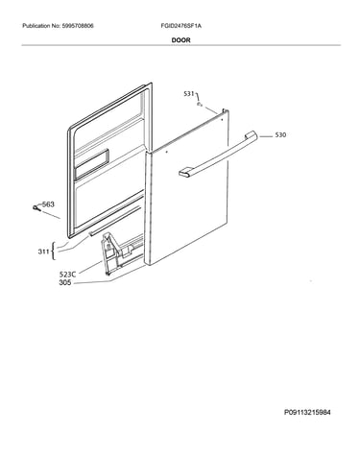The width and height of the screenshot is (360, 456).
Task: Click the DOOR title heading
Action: (x=180, y=40)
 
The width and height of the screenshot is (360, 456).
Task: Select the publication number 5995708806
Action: (x=77, y=26)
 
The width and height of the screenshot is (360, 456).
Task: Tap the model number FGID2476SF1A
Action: (x=181, y=26)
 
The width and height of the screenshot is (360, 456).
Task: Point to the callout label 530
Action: (x=280, y=135)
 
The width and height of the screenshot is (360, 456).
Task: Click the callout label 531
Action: (x=189, y=94)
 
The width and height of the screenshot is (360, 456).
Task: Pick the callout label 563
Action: (x=48, y=204)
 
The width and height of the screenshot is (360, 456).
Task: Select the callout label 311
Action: (x=43, y=252)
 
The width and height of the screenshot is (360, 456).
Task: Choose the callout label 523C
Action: (x=68, y=275)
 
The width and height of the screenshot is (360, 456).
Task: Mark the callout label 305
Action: (x=65, y=283)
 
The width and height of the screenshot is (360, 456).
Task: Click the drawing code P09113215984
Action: (x=307, y=412)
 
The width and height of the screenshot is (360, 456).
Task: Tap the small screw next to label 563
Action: (x=36, y=208)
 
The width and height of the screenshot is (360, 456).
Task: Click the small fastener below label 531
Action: (x=200, y=105)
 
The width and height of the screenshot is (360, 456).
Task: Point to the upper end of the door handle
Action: (x=251, y=134)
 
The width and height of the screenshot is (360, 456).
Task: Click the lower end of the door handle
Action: (x=185, y=172)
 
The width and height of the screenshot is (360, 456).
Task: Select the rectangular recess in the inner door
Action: (x=91, y=164)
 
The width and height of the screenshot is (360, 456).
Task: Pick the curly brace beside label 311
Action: (x=53, y=252)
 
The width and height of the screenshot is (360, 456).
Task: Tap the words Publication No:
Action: (x=40, y=26)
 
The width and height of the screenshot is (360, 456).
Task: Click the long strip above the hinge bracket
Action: (x=114, y=221)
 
